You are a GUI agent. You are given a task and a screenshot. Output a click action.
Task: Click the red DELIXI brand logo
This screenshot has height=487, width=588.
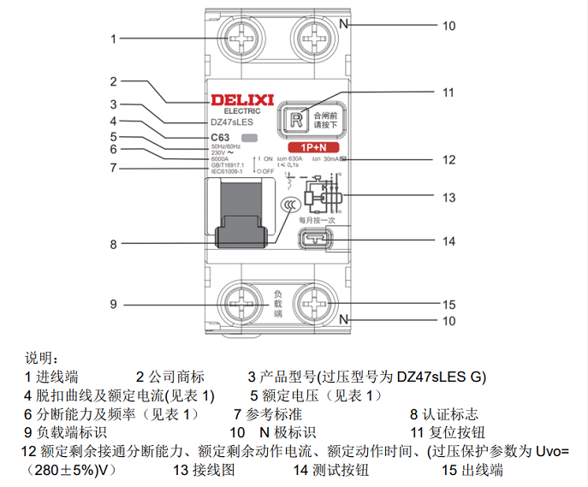click(241, 101)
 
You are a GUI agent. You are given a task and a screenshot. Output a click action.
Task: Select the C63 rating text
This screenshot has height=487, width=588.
click(220, 137)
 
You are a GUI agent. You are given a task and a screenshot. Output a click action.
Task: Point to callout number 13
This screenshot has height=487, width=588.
click(448, 197)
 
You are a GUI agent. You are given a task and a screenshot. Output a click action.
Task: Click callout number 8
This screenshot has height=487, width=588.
click(113, 244)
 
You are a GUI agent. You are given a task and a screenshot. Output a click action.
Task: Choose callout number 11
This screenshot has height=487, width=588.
click(448, 92)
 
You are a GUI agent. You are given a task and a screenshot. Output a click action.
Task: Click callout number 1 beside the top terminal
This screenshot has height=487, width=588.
click(113, 39)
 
